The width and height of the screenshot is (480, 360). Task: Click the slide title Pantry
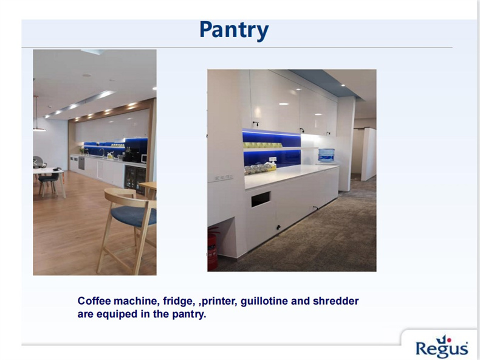tap(234, 30)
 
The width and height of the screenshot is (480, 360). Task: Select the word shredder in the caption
tap(335, 301)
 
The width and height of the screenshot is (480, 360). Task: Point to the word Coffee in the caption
tap(94, 301)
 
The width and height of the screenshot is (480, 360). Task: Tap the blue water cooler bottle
tap(326, 155)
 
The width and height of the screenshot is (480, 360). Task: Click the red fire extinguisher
tap(213, 248)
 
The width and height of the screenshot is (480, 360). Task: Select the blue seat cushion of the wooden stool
tap(134, 215)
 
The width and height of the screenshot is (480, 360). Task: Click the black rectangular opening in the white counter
tap(261, 199)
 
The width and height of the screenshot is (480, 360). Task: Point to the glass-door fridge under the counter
tap(135, 180)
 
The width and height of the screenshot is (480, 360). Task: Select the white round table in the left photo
tap(49, 181)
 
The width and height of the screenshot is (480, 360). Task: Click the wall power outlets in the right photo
tap(224, 177)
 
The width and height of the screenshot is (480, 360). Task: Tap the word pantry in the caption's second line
tap(188, 314)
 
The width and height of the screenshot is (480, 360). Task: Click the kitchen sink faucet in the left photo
tap(102, 152)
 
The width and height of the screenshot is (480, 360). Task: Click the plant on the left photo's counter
tap(82, 150)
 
